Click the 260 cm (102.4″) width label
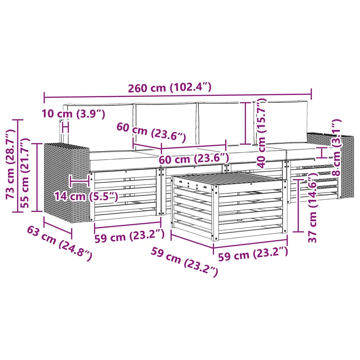coord(170,88)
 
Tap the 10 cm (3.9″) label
coord(74,114)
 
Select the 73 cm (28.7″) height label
coord(10,164)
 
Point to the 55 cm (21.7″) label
coord(25,173)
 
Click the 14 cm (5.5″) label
coord(86,196)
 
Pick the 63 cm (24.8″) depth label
coord(60,243)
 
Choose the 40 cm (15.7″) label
coord(261,133)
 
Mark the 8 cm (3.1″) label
coord(336,147)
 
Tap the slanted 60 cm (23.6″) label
coord(151,133)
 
